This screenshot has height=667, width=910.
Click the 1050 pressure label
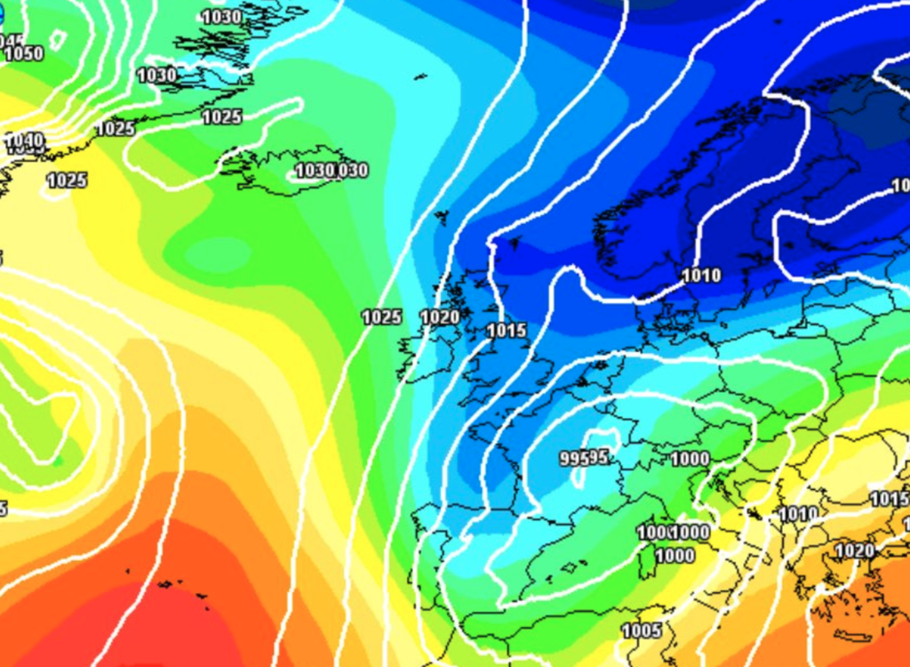[x=24, y=54]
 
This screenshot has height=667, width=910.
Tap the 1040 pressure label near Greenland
[x=24, y=141]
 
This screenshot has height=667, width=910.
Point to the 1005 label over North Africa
[x=641, y=631]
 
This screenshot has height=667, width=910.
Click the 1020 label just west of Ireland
[x=440, y=317]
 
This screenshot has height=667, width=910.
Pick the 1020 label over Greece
[x=854, y=551]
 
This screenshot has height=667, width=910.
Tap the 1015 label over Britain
[x=507, y=331]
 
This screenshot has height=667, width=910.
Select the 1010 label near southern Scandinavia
[x=701, y=276]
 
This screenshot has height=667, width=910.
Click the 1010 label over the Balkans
[x=798, y=514]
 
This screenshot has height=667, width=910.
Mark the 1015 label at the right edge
[x=889, y=499]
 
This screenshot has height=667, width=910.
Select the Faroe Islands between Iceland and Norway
[x=442, y=216]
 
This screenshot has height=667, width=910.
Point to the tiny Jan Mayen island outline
[x=419, y=76]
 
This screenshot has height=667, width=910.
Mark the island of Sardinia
[x=646, y=562]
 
